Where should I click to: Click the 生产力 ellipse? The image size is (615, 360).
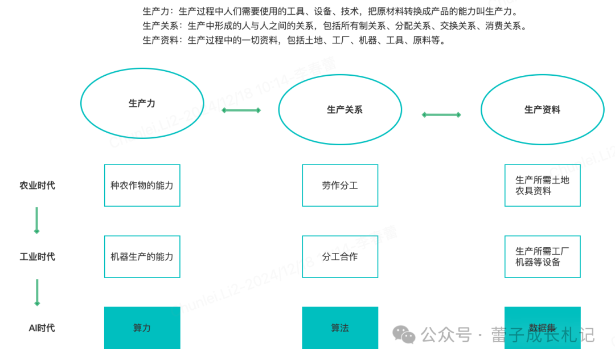[x=142, y=103]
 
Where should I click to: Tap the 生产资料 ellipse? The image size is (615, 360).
[x=542, y=109]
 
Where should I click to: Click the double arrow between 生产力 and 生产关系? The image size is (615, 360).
[x=241, y=110]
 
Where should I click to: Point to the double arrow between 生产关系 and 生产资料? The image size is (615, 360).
[x=441, y=114]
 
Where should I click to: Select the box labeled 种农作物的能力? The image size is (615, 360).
[x=142, y=185]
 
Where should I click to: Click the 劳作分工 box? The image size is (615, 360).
[x=340, y=185]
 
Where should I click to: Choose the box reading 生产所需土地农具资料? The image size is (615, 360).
[x=542, y=185]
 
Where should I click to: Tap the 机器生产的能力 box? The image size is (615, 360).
[x=142, y=256]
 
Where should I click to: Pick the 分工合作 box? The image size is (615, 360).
[x=340, y=256]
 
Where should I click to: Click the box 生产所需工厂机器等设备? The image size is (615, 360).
[x=542, y=256]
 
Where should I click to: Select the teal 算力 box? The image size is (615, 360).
[x=142, y=328]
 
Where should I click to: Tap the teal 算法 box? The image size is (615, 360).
[x=340, y=328]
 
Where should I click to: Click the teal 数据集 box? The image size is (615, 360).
[x=542, y=328]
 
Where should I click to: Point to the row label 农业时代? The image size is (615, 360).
[x=38, y=185]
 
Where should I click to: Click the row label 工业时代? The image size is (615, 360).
[x=38, y=256]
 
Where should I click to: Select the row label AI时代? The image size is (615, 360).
[x=42, y=328]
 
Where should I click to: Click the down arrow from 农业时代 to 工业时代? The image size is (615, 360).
[x=37, y=220]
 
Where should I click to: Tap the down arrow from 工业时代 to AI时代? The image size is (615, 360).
[x=37, y=292]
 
